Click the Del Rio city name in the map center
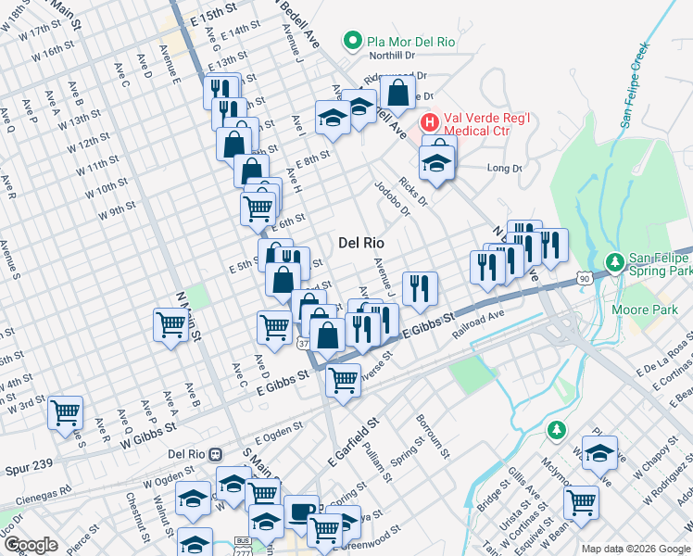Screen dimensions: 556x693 (x=360, y=243)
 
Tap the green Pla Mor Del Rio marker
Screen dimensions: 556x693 (x=352, y=41)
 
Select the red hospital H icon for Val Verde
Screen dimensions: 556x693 (x=430, y=121)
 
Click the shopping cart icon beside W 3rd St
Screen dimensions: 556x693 (x=65, y=411)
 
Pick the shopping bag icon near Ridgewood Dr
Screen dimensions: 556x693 (x=397, y=93)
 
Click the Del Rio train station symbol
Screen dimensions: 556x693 (x=216, y=454)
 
